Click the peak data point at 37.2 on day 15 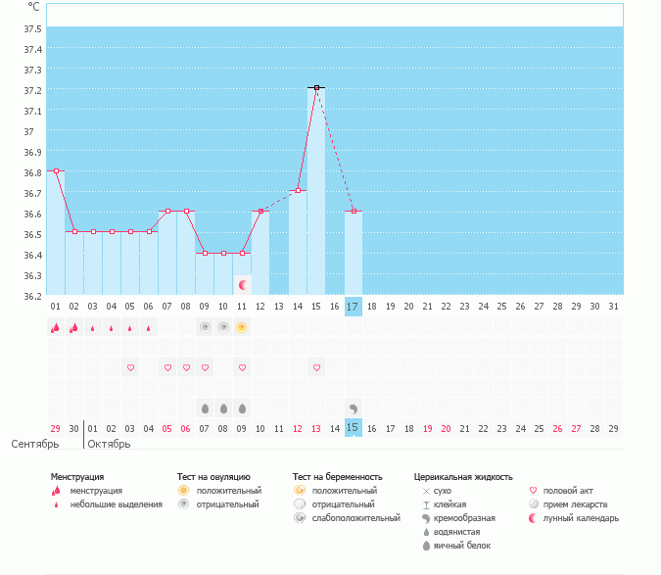pos(316,88)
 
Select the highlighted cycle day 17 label pos(354,306)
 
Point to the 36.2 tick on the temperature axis pos(32,296)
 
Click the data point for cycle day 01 pos(56,170)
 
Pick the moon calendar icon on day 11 pos(242,284)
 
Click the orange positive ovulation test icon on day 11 pos(242,327)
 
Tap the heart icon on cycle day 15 pos(316,367)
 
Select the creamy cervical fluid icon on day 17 pos(354,407)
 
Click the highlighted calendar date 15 pos(354,428)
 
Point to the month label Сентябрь pos(35,444)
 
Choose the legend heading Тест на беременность pos(337,477)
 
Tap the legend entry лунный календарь pos(588,518)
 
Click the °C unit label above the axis pos(34,7)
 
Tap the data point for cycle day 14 pos(298,190)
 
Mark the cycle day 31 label pos(614,306)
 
